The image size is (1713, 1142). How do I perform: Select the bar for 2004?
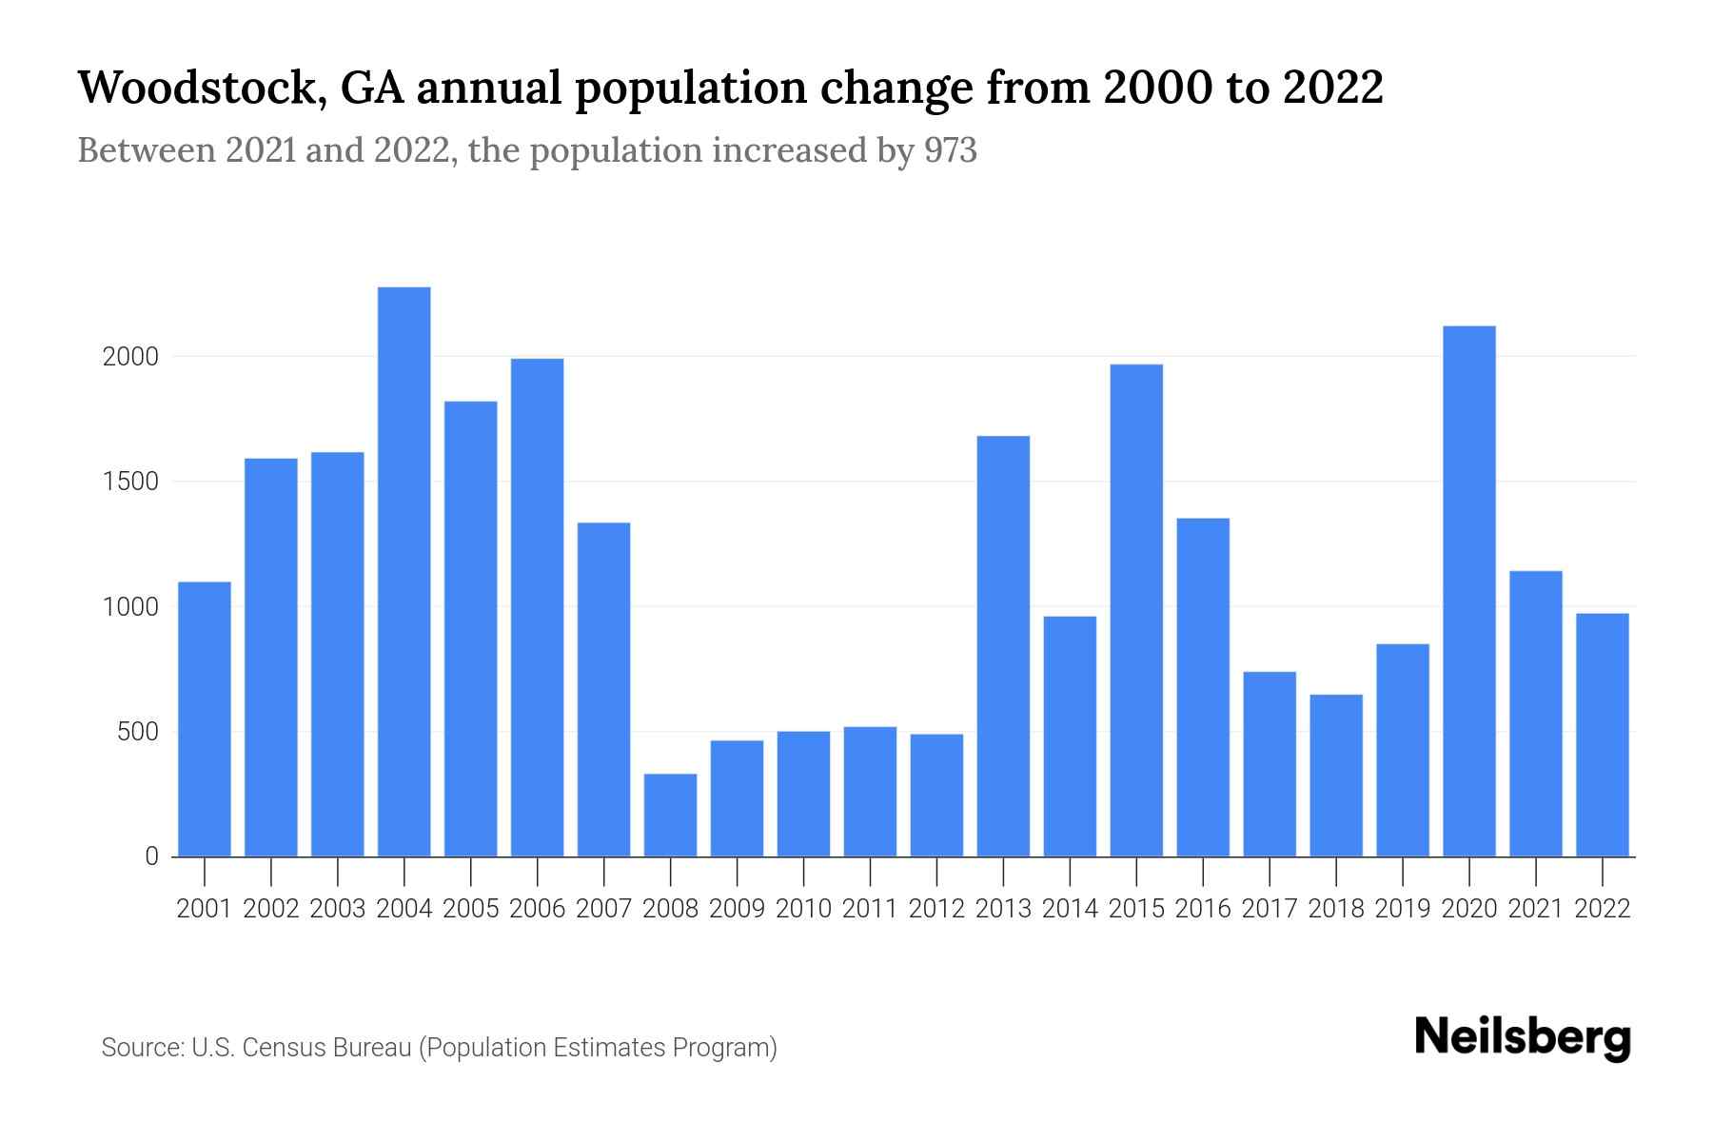[404, 571]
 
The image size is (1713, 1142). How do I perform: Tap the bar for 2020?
[1469, 591]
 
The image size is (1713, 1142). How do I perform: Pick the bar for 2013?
[1003, 646]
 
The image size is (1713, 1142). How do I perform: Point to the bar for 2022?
[1603, 735]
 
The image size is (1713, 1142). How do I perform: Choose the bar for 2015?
[1136, 610]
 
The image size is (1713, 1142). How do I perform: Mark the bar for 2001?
[205, 719]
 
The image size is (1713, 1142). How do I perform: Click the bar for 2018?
[1336, 776]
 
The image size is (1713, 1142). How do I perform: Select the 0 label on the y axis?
[151, 856]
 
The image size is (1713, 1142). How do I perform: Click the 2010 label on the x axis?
[803, 909]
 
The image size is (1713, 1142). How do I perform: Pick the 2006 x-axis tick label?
[537, 909]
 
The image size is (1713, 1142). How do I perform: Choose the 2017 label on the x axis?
[1270, 909]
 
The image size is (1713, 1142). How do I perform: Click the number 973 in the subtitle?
[950, 150]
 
